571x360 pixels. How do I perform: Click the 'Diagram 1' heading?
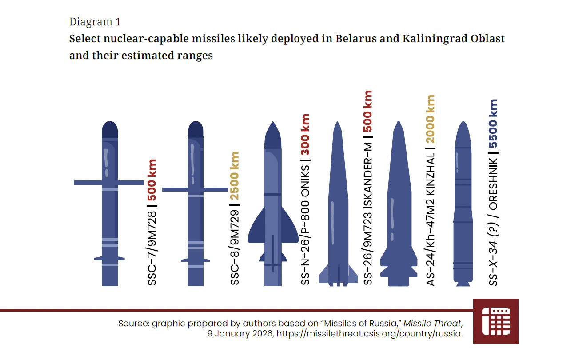tap(95, 22)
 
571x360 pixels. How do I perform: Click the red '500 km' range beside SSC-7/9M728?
tap(152, 180)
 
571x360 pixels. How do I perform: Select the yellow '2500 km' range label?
tap(235, 176)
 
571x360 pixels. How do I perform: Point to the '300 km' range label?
tap(305, 135)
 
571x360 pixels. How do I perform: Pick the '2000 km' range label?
tap(430, 119)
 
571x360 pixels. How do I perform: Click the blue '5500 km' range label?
tap(493, 124)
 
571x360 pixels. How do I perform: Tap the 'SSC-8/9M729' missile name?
tap(235, 247)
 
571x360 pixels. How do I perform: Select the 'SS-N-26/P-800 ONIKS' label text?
tap(305, 225)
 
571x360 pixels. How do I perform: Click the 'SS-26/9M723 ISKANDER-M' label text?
tap(368, 213)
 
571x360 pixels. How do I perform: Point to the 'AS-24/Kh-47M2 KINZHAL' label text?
tap(430, 219)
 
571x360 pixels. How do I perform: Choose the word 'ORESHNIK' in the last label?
tap(493, 184)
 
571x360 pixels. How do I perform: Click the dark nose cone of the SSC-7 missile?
tap(110, 130)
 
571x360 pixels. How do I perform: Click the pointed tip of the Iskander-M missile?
tap(338, 122)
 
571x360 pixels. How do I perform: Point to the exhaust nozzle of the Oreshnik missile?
tap(463, 284)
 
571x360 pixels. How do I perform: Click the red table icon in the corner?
tap(496, 321)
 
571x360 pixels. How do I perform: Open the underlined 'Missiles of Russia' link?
tap(360, 324)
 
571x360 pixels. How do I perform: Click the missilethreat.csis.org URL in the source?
tap(369, 334)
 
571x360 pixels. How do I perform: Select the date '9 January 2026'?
tap(240, 334)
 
